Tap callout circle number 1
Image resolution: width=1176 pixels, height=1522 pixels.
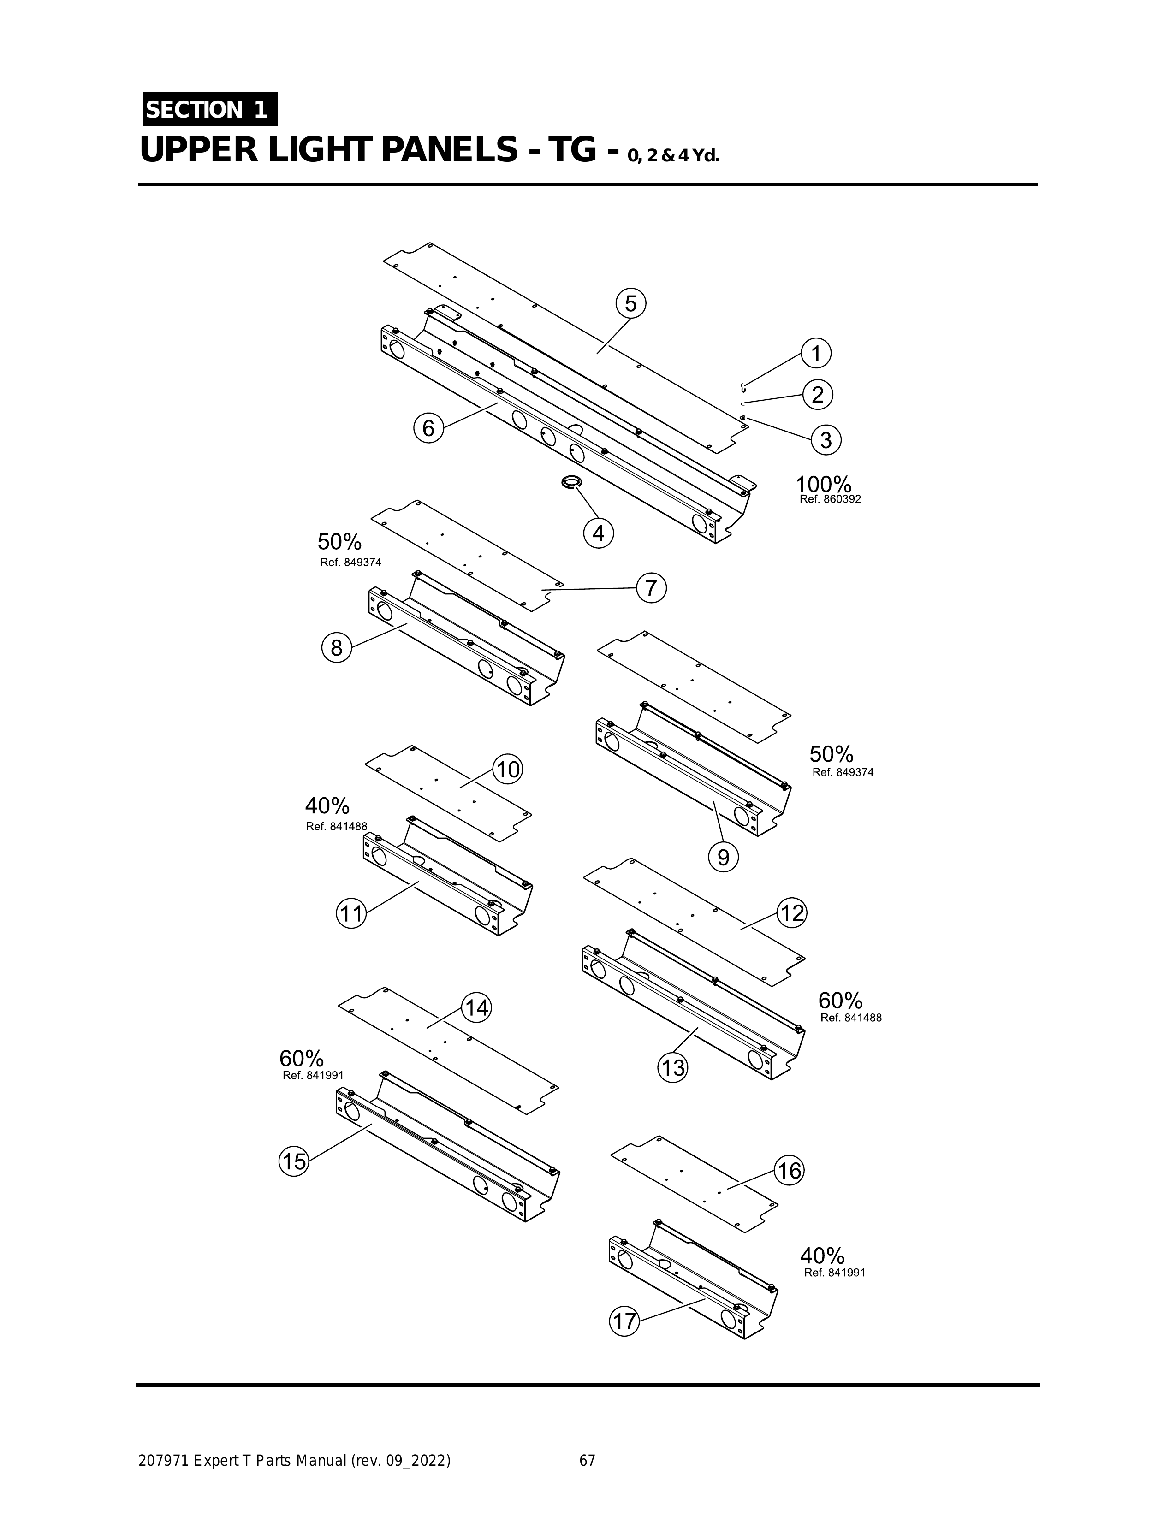click(816, 353)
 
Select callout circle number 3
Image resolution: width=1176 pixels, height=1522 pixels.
click(826, 440)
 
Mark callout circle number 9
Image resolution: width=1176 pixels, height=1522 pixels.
click(723, 857)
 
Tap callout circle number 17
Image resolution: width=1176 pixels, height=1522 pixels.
click(624, 1321)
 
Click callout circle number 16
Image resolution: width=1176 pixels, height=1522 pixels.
click(790, 1171)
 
